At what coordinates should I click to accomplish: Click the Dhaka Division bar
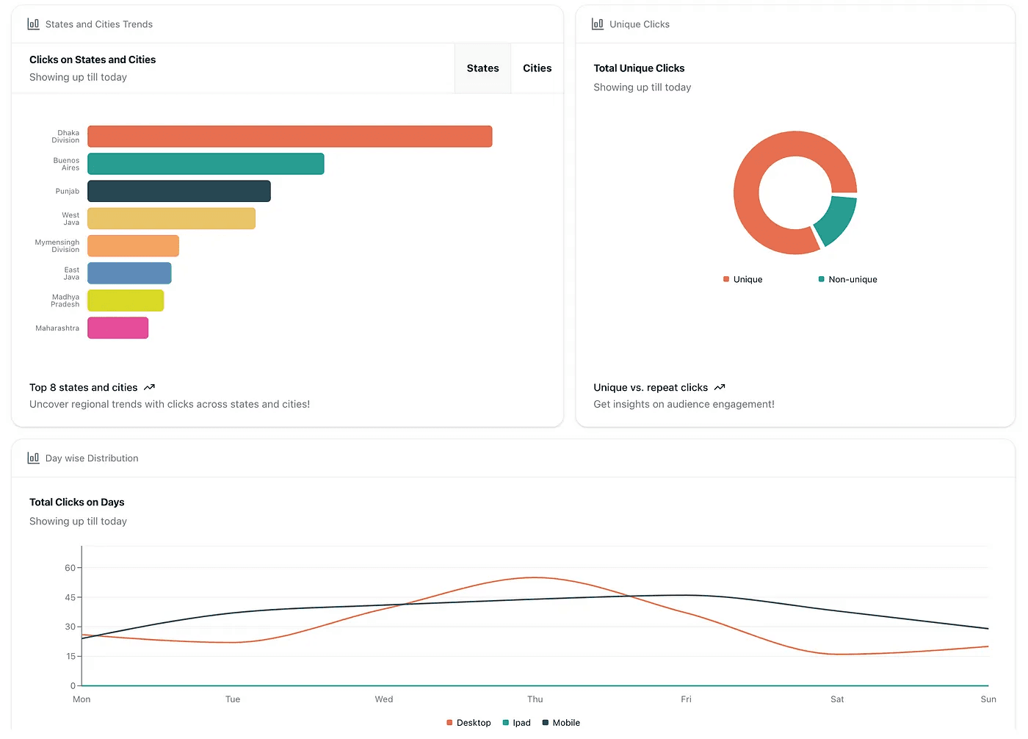pyautogui.click(x=289, y=137)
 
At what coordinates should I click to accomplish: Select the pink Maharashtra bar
pyautogui.click(x=117, y=328)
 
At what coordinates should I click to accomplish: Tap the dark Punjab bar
pyautogui.click(x=178, y=191)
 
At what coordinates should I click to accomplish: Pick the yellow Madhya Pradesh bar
pyautogui.click(x=125, y=300)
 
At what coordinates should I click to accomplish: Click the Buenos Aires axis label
pyautogui.click(x=66, y=164)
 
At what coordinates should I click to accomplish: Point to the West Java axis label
pyautogui.click(x=70, y=219)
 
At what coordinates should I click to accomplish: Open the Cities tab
pyautogui.click(x=537, y=68)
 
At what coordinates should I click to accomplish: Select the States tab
pyautogui.click(x=482, y=68)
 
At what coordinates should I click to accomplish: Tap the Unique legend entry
pyautogui.click(x=743, y=279)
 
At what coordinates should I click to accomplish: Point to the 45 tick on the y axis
pyautogui.click(x=70, y=597)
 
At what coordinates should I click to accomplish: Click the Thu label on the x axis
pyautogui.click(x=535, y=699)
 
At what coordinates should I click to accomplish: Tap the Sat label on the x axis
pyautogui.click(x=837, y=699)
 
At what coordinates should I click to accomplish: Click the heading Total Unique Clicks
pyautogui.click(x=639, y=68)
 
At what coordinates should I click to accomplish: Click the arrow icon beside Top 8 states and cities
pyautogui.click(x=150, y=387)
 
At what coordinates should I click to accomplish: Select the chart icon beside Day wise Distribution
pyautogui.click(x=33, y=458)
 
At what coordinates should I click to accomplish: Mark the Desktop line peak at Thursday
pyautogui.click(x=535, y=577)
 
